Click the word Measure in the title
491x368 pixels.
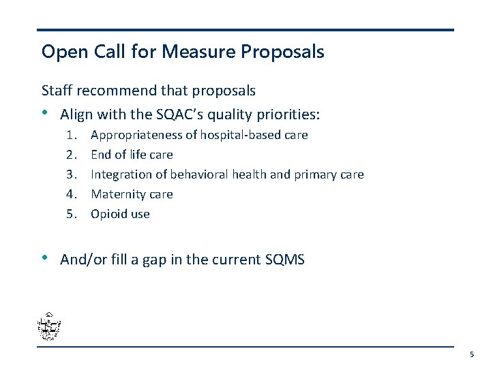point(190,51)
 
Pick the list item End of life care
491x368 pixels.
point(132,155)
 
